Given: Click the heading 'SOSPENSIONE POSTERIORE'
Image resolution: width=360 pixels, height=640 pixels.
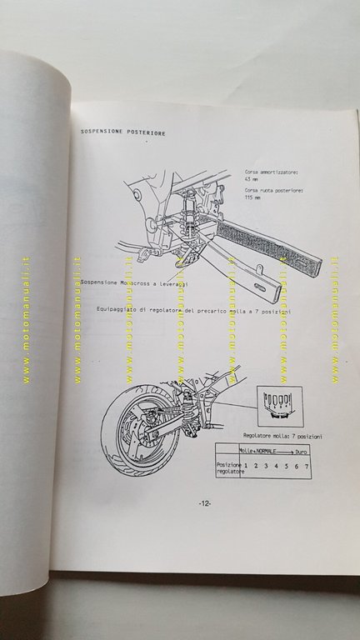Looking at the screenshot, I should (122, 132).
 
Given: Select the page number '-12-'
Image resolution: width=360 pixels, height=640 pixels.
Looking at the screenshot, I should (207, 503).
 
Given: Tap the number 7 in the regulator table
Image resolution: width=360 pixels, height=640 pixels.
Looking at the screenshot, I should (306, 467).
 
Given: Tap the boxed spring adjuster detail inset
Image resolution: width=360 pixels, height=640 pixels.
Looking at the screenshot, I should (277, 402).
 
